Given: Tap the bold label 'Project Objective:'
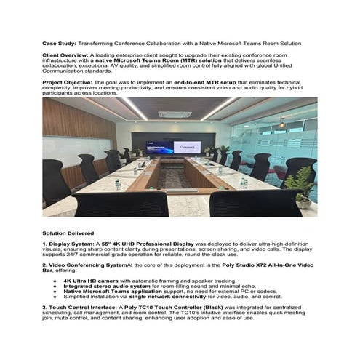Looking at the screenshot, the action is (67, 83).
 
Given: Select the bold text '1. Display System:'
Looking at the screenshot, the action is (67, 244).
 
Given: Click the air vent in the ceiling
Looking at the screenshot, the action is (174, 113).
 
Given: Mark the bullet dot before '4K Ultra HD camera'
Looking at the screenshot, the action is (55, 280).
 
